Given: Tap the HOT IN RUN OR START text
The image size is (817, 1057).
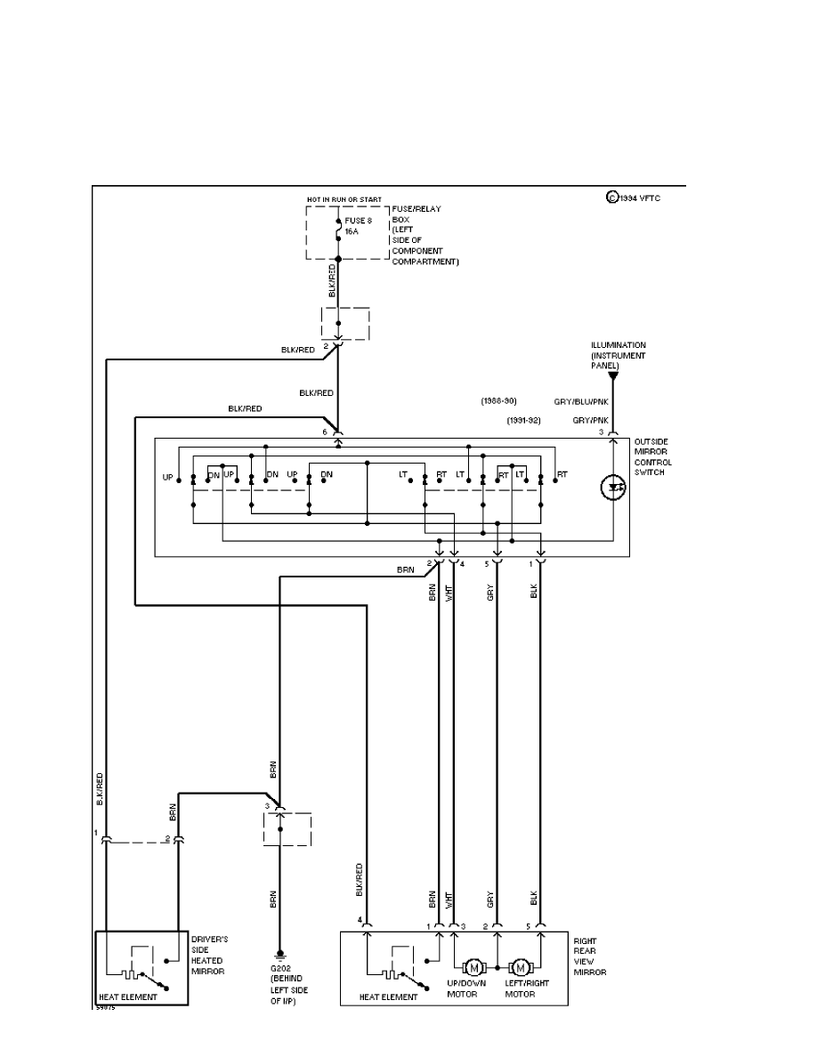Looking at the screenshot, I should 344,199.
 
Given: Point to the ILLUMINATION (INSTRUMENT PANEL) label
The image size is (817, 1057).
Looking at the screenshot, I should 619,354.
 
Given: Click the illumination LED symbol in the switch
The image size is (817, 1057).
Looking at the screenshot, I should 612,487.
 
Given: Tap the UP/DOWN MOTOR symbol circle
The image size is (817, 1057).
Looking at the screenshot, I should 473,967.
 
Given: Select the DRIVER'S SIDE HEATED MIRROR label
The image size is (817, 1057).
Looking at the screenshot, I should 210,955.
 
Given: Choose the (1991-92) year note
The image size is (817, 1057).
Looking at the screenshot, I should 525,419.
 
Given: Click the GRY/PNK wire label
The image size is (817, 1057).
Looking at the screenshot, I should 591,419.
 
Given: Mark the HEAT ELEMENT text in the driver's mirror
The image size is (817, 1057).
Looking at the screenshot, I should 127,997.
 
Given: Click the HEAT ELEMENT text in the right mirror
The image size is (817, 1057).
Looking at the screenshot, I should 388,997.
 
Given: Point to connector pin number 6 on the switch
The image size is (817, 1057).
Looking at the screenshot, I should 325,432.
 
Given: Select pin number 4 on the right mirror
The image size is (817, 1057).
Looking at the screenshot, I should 360,919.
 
